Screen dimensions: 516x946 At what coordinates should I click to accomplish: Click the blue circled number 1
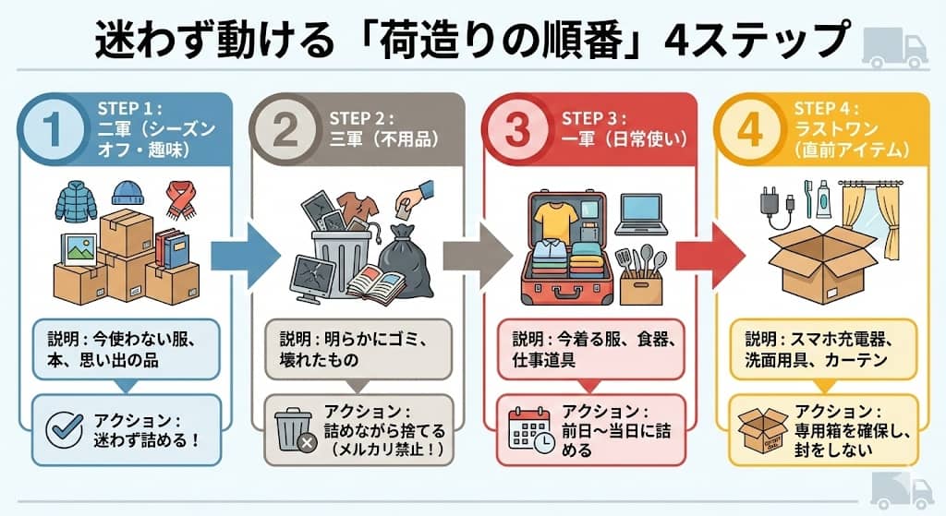(55, 129)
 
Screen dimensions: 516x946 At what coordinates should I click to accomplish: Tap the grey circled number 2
(285, 129)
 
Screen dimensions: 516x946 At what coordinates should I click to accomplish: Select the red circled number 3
(519, 129)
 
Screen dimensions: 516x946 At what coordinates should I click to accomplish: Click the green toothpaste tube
(822, 199)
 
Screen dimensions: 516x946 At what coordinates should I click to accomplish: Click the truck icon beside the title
(894, 46)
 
